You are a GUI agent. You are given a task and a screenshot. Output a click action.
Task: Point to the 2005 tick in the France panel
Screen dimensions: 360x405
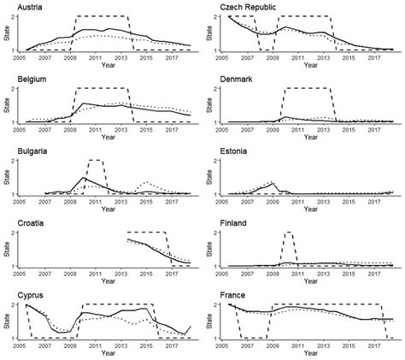pos(227,346)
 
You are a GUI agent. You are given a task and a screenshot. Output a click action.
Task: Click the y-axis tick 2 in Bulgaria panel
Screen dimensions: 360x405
pos(17,160)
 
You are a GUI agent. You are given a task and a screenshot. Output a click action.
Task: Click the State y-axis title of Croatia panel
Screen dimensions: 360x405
pos(7,249)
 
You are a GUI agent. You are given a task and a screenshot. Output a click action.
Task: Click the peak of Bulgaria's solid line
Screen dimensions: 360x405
pos(83,178)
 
